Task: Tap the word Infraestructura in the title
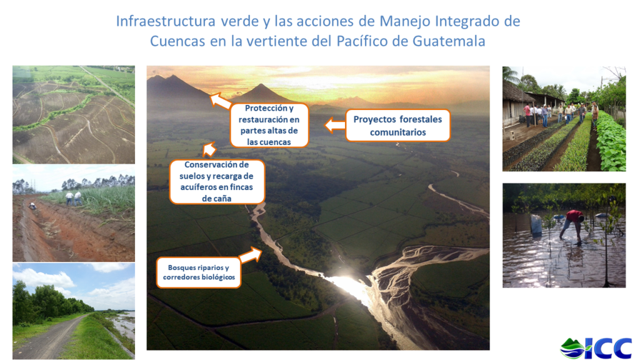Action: pyautogui.click(x=165, y=21)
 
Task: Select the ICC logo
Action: pyautogui.click(x=596, y=348)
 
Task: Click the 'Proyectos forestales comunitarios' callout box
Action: pyautogui.click(x=397, y=126)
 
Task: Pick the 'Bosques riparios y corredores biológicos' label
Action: pyautogui.click(x=199, y=272)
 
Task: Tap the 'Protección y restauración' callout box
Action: pyautogui.click(x=269, y=125)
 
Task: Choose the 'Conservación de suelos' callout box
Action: pyautogui.click(x=217, y=182)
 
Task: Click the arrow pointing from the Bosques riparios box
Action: pyautogui.click(x=250, y=255)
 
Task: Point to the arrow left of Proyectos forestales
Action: pyautogui.click(x=335, y=125)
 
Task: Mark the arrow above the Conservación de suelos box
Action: pyautogui.click(x=209, y=149)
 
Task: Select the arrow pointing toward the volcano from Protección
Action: pyautogui.click(x=220, y=101)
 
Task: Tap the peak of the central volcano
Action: pyautogui.click(x=261, y=84)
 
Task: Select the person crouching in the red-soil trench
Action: pyautogui.click(x=32, y=206)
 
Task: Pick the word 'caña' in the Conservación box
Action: pyautogui.click(x=222, y=199)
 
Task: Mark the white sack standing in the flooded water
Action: pyautogui.click(x=536, y=225)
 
